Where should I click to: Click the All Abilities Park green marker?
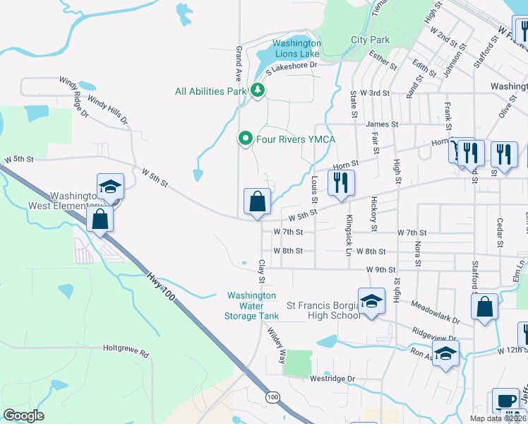[258, 90]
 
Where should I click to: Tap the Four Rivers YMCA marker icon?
[245, 139]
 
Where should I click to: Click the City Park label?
[371, 40]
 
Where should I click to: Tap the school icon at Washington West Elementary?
[111, 187]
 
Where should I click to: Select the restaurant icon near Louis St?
[341, 182]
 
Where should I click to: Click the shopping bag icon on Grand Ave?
[258, 201]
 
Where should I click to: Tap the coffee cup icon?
[505, 401]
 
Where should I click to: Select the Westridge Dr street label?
[332, 379]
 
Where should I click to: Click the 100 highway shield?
[272, 399]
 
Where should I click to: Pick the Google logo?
[23, 416]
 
